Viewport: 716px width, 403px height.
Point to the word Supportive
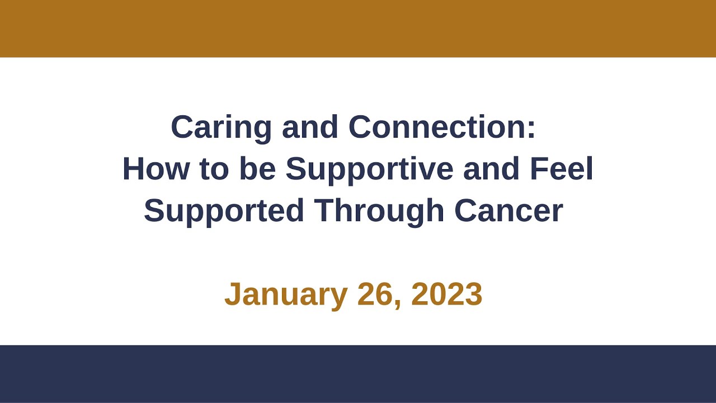pyautogui.click(x=369, y=169)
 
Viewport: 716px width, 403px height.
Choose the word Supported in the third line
pyautogui.click(x=224, y=210)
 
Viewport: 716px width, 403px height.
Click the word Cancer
pyautogui.click(x=508, y=210)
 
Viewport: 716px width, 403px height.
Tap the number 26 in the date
pyautogui.click(x=376, y=294)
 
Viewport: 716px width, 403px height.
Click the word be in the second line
pyautogui.click(x=257, y=169)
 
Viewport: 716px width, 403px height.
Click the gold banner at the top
pyautogui.click(x=358, y=28)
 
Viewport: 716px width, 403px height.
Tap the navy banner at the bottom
pyautogui.click(x=358, y=374)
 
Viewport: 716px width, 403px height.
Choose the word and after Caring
pyautogui.click(x=310, y=128)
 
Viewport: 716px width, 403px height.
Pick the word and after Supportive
pyautogui.click(x=491, y=169)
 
